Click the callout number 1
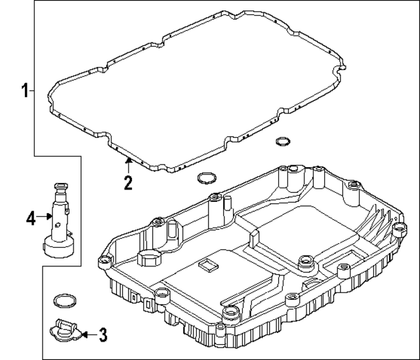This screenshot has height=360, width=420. [x=25, y=90]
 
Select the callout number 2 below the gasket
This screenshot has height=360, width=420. [x=129, y=182]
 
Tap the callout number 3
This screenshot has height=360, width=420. [x=102, y=336]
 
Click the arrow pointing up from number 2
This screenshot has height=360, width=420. [x=129, y=164]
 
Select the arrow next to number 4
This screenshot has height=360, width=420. [x=46, y=216]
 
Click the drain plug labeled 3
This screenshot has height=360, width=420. [x=64, y=329]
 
